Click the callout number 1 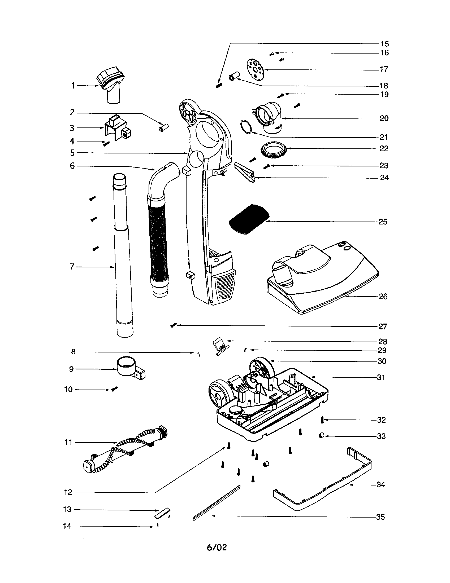73,86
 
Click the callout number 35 380,517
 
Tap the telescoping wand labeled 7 122,256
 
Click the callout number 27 383,326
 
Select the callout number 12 68,492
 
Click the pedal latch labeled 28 220,346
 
